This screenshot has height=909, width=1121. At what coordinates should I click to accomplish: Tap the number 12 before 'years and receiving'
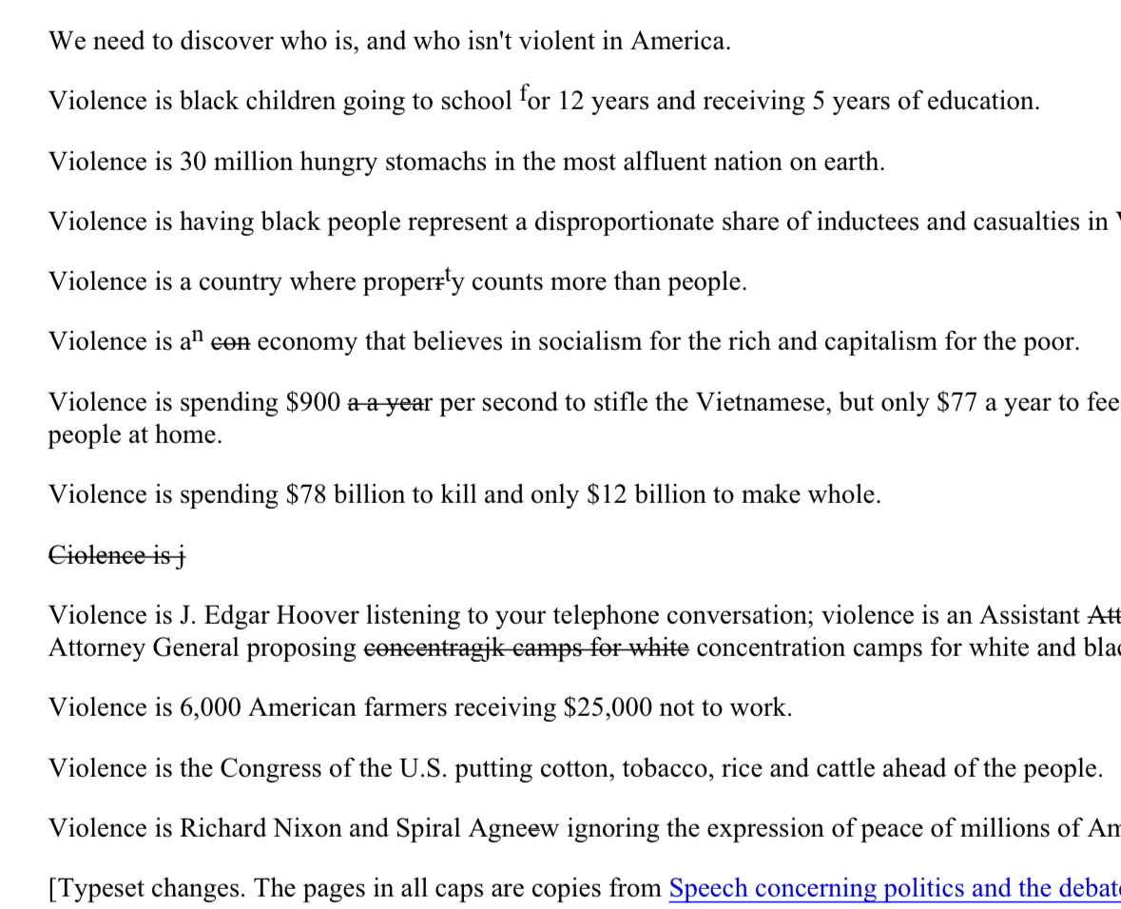pyautogui.click(x=570, y=102)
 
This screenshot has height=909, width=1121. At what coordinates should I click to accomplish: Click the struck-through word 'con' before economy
pyautogui.click(x=230, y=342)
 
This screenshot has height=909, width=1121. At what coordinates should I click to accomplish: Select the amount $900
pyautogui.click(x=313, y=402)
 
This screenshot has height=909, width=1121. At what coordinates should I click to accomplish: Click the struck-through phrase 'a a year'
pyautogui.click(x=390, y=403)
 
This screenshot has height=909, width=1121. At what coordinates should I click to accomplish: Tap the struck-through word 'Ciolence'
pyautogui.click(x=97, y=555)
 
